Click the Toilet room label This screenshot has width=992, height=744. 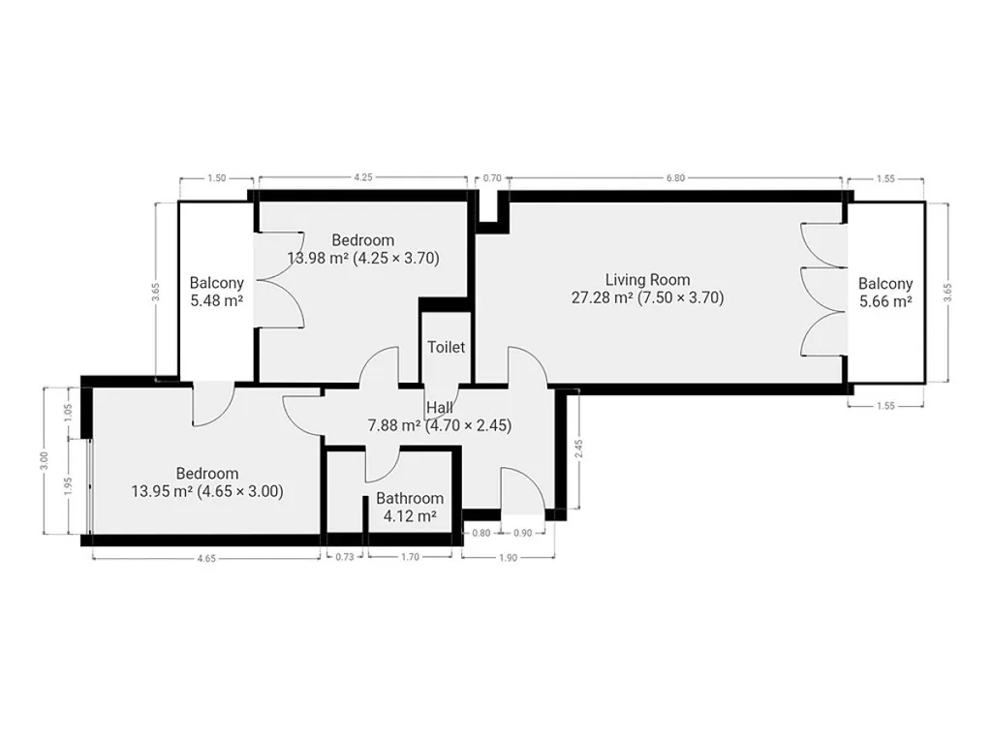pyautogui.click(x=446, y=347)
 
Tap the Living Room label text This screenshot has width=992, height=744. pyautogui.click(x=647, y=280)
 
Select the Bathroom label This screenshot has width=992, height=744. pyautogui.click(x=410, y=499)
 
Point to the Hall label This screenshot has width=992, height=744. pyautogui.click(x=439, y=408)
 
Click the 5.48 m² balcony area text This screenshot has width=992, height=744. pyautogui.click(x=216, y=300)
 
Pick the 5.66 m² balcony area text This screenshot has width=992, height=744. pyautogui.click(x=885, y=301)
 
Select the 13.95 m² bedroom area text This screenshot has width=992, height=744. pyautogui.click(x=162, y=491)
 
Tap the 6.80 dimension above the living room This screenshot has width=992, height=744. pyautogui.click(x=675, y=178)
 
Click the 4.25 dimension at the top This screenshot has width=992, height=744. pyautogui.click(x=362, y=178)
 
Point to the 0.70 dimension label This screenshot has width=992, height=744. pyautogui.click(x=492, y=178)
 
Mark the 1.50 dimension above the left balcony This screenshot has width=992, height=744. pyautogui.click(x=216, y=178)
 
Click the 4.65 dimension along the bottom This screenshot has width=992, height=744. pyautogui.click(x=206, y=558)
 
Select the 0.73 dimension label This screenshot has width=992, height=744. pyautogui.click(x=345, y=557)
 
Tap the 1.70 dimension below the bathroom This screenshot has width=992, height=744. pyautogui.click(x=410, y=557)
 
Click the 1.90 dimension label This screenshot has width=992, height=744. pyautogui.click(x=508, y=558)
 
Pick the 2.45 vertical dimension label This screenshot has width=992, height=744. pyautogui.click(x=578, y=449)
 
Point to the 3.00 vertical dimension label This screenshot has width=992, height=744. pyautogui.click(x=43, y=460)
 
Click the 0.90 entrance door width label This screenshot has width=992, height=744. pyautogui.click(x=522, y=534)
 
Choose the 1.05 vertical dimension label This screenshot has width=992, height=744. pyautogui.click(x=69, y=413)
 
